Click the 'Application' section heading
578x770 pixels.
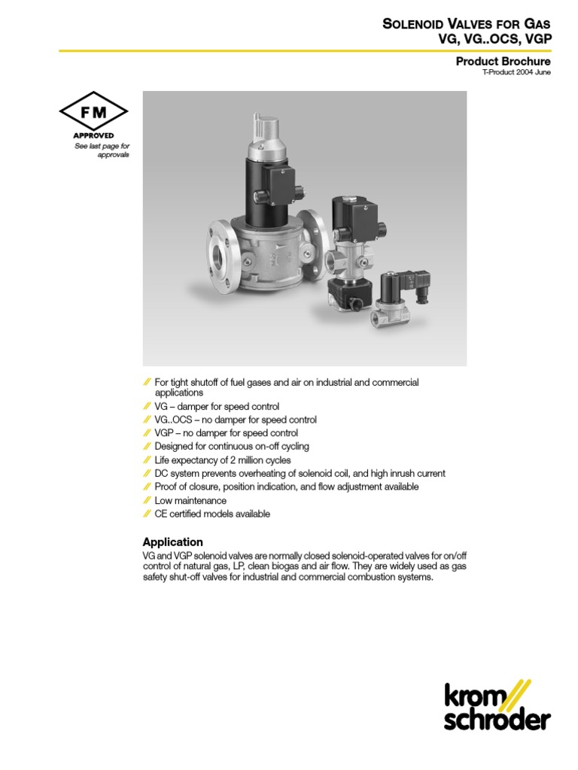click(173, 542)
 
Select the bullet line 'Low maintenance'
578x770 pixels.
click(190, 501)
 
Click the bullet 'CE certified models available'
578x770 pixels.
click(212, 514)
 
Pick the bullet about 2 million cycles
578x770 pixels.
click(223, 460)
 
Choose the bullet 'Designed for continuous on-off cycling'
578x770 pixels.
click(232, 447)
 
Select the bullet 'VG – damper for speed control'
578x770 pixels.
click(217, 407)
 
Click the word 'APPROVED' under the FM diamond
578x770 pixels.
click(94, 135)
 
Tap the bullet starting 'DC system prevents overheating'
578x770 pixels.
click(300, 474)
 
